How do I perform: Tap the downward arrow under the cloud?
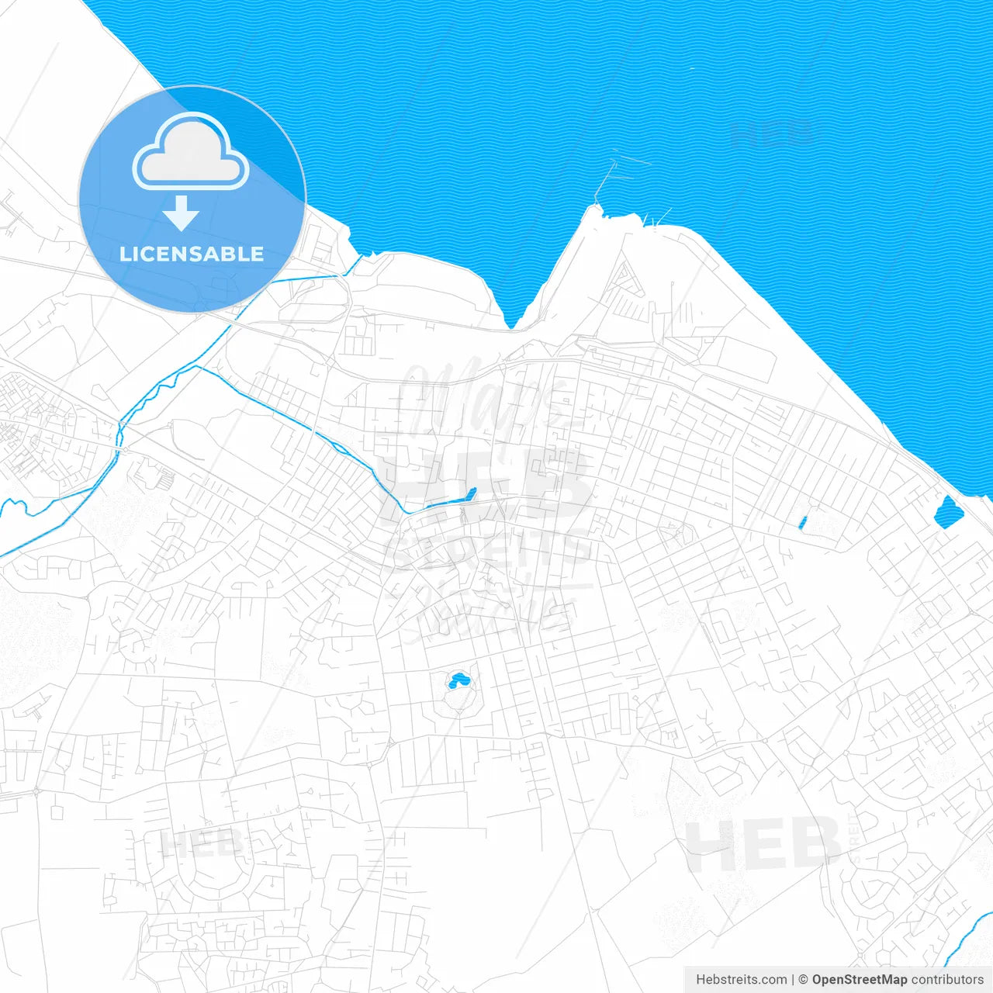coord(182,213)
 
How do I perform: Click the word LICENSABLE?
coord(192,254)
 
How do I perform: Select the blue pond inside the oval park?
coord(458,681)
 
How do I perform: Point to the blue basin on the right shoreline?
coord(947,513)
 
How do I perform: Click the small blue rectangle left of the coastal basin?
coord(802,523)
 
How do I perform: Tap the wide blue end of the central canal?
coord(469,494)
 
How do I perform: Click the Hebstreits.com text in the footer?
coord(741,980)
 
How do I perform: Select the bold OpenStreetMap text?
coord(860,980)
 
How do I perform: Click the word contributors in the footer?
coord(947,980)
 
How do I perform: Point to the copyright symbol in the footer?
coord(804,980)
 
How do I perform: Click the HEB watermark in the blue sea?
coord(772,133)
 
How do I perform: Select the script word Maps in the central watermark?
coord(481,400)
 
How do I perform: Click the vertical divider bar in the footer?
coord(793,980)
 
